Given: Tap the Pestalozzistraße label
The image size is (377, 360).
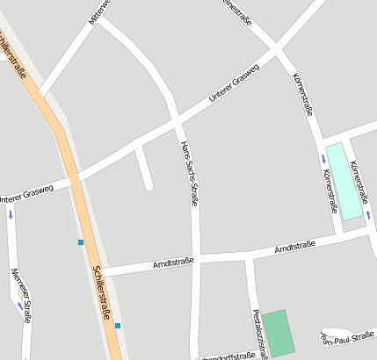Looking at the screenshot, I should click(257, 334).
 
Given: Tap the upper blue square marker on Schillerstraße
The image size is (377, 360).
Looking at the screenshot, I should click(80, 241).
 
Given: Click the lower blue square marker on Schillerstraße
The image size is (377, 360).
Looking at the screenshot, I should click(118, 326).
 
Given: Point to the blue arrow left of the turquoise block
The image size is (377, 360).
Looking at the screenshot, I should click(323, 158).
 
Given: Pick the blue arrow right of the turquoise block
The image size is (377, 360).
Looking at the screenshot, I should click(368, 214).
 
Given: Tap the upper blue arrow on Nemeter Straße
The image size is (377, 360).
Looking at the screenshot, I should click(11, 213).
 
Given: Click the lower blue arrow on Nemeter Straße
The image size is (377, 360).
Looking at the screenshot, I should click(19, 306).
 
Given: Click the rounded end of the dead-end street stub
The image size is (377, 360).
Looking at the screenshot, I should click(149, 185).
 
